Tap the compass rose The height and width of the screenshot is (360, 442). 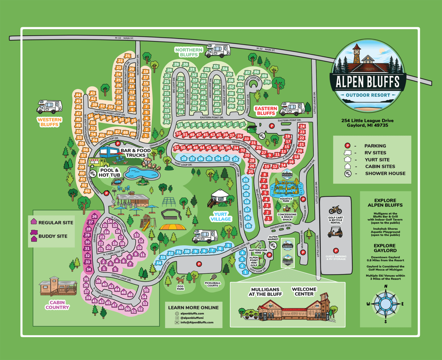[385, 304]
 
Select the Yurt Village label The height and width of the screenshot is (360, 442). [221, 216]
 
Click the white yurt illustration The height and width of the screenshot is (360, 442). [220, 198]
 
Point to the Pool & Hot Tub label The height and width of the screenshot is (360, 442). [109, 173]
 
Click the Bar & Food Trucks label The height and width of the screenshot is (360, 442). [136, 153]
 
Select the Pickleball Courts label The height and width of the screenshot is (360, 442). [212, 284]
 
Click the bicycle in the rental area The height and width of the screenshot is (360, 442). [335, 210]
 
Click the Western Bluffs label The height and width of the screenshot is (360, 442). [49, 122]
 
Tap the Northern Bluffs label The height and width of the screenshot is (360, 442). [189, 52]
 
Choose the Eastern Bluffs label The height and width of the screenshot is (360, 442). [266, 111]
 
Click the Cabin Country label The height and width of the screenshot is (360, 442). [57, 305]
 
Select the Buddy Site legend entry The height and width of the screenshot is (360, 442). [52, 236]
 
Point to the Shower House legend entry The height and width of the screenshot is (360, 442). [385, 173]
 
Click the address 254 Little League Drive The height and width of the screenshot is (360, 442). [367, 120]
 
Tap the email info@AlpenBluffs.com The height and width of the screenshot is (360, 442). [197, 322]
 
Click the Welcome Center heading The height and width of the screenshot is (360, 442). [304, 291]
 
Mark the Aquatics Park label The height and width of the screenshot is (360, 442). [286, 200]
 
